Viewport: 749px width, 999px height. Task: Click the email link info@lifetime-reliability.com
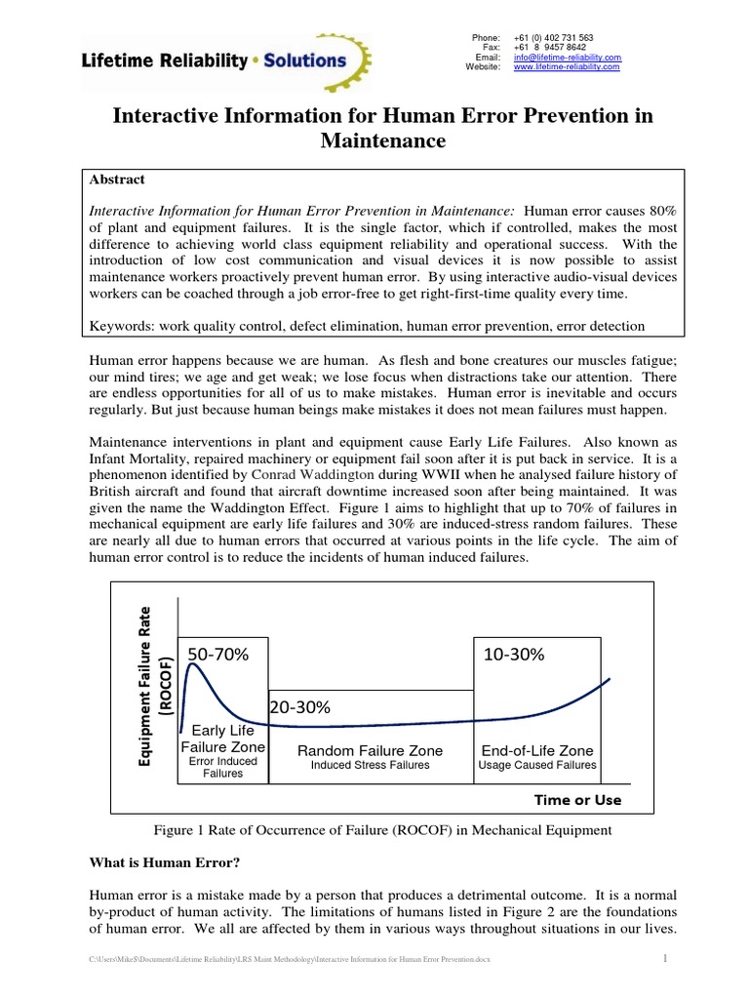[567, 58]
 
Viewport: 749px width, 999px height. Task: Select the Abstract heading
[117, 180]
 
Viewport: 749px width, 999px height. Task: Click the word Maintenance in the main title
[383, 141]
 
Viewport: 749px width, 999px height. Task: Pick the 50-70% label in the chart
[218, 656]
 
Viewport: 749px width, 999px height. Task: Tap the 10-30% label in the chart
[513, 656]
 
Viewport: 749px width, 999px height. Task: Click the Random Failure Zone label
[370, 750]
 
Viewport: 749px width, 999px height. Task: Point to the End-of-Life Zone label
[536, 750]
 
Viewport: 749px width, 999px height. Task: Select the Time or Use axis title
[577, 799]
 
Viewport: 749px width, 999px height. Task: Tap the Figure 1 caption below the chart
[382, 830]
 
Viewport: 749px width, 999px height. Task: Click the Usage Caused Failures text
[536, 766]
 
